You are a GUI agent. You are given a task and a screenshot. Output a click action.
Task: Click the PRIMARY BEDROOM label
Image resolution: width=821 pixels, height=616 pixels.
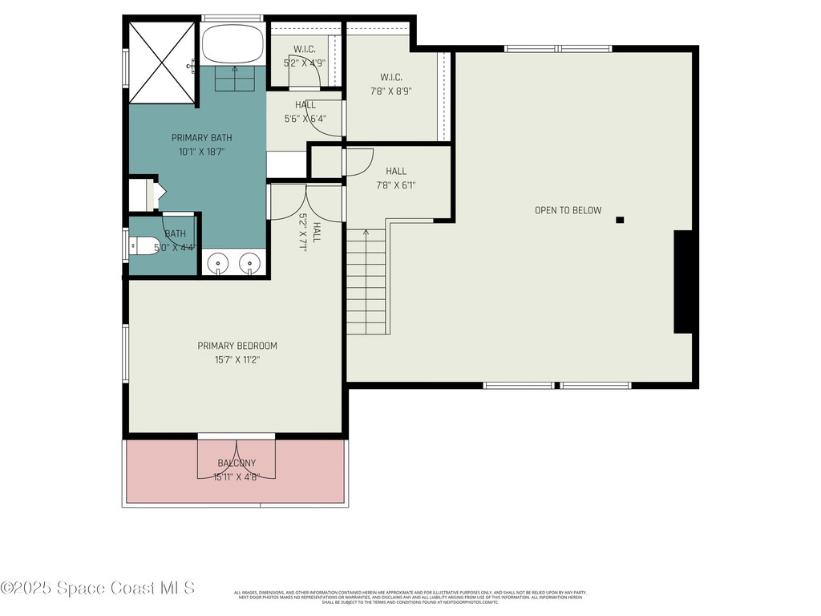pos(237,346)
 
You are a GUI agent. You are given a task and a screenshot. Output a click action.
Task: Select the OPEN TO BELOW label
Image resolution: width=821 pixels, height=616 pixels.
pos(568,210)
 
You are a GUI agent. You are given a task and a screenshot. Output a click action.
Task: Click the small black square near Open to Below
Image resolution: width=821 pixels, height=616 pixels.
pos(620,220)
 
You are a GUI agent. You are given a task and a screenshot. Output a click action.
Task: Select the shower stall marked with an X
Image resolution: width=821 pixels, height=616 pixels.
pos(162,63)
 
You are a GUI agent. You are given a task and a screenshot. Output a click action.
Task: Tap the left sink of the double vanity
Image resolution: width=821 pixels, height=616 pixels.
pos(218,262)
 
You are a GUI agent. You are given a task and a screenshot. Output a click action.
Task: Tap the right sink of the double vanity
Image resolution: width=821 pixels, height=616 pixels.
pos(251,262)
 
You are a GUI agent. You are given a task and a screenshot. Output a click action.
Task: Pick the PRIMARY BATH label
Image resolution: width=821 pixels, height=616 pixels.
pos(201,138)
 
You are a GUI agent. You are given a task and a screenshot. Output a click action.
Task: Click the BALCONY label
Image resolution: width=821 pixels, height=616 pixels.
pos(237,463)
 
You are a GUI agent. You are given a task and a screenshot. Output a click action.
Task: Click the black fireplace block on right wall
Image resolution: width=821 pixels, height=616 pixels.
pos(683,282)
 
